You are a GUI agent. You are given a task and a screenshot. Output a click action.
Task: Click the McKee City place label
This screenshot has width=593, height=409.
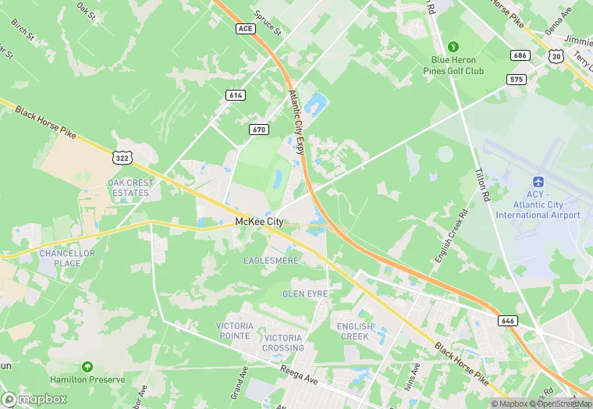click(x=259, y=222)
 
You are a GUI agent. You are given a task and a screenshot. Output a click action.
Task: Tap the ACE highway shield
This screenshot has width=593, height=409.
click(x=245, y=28)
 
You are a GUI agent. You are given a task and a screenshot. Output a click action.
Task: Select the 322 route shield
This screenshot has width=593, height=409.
click(x=122, y=158)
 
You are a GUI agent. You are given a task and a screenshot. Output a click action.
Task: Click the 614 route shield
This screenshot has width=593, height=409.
click(x=235, y=94)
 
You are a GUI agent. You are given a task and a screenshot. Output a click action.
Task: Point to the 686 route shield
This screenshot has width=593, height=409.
click(x=520, y=55)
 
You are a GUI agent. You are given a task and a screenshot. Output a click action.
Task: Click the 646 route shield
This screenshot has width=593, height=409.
click(x=507, y=320)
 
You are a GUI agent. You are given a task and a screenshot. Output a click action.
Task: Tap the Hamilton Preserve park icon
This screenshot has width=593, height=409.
click(x=87, y=365)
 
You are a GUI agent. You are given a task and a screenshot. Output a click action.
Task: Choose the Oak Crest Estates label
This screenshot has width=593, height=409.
click(x=130, y=187)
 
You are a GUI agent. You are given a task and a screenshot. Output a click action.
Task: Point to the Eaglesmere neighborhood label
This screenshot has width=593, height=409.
click(x=271, y=260)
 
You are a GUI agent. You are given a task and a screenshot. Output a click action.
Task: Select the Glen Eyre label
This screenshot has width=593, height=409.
click(x=305, y=293)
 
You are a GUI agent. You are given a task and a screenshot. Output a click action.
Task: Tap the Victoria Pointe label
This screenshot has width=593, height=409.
click(x=235, y=330)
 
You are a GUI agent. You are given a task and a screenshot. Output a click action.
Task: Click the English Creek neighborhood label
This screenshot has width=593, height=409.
click(x=355, y=331)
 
